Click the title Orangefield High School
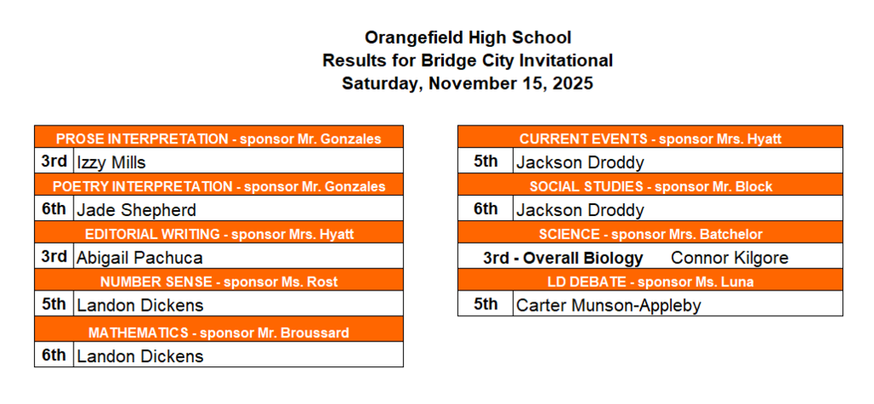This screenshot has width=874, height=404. tap(467, 38)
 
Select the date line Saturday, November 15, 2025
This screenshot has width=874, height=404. tap(467, 84)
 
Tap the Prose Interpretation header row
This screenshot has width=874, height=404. tap(218, 138)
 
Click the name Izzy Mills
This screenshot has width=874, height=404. tap(111, 162)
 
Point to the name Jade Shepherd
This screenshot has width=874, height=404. tap(136, 210)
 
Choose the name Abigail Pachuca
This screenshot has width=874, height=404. tap(139, 257)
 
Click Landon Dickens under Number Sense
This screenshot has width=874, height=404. tap(140, 305)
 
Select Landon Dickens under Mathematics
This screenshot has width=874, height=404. tap(140, 356)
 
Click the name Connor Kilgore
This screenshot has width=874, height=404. tap(730, 258)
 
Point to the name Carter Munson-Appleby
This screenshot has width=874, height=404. tap(608, 305)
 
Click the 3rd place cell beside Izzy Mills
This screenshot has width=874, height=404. tap(55, 161)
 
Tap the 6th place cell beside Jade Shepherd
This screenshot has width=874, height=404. tap(55, 209)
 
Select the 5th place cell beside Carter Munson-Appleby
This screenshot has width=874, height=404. tap(485, 304)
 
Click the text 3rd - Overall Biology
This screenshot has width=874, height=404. tap(562, 258)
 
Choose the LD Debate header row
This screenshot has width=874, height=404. tap(650, 282)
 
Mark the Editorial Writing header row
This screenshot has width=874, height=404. tap(218, 234)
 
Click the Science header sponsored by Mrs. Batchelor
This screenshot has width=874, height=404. tap(650, 234)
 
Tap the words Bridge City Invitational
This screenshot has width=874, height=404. tap(516, 61)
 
